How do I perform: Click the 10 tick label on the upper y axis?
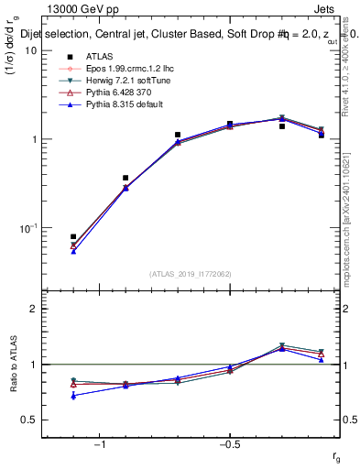tap(30, 50)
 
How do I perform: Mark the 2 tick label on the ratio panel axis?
tap(33, 310)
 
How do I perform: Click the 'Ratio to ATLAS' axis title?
tap(12, 364)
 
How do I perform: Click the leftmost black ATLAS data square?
tap(73, 236)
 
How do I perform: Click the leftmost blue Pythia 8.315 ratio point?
tap(73, 396)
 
